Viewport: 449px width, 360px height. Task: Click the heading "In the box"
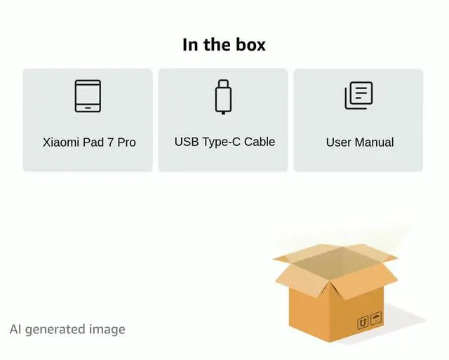click(224, 45)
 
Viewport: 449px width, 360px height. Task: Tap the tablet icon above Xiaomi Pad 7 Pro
click(88, 96)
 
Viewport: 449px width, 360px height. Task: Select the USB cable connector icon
click(223, 97)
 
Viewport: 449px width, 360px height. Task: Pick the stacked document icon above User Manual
click(358, 95)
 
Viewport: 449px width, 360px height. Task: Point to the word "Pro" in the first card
click(126, 142)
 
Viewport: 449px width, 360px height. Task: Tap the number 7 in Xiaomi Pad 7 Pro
click(110, 142)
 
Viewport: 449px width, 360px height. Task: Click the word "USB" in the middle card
click(187, 142)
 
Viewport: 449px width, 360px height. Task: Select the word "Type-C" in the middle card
click(221, 142)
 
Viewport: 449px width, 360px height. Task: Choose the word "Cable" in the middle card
click(260, 142)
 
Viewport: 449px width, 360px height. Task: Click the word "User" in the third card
click(339, 142)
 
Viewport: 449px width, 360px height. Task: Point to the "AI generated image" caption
click(67, 328)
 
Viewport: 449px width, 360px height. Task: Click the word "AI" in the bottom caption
click(15, 328)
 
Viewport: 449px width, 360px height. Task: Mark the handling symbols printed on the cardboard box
click(370, 321)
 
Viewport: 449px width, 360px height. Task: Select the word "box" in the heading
click(250, 45)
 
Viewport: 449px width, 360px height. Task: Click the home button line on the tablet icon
click(88, 107)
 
